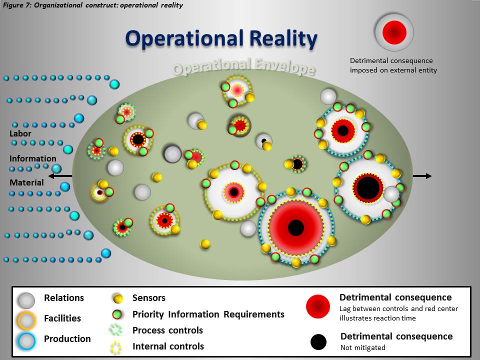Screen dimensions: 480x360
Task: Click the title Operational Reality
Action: pos(221,39)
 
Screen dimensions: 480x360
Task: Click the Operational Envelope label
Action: pos(243,66)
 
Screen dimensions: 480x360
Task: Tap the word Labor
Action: pos(20,134)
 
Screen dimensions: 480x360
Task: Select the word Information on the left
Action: pos(33,158)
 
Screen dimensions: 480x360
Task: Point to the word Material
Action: pos(26,182)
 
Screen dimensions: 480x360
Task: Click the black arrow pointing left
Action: pos(60,176)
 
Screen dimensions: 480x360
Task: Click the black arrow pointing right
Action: pos(422,176)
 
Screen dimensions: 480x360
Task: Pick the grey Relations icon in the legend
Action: pos(26,300)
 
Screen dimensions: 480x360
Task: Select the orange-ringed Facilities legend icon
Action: pos(26,320)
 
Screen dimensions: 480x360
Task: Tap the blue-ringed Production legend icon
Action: pos(26,341)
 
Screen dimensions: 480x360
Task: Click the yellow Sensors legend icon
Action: pos(117,298)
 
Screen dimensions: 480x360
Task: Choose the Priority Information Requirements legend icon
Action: pos(117,314)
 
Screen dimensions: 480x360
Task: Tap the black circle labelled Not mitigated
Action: pos(318,342)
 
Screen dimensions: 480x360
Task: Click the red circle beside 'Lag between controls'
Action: pos(318,306)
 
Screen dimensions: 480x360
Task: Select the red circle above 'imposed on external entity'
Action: pos(394,32)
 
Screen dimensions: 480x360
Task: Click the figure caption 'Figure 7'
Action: pos(93,5)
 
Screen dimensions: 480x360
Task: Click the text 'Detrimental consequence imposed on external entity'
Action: pos(393,65)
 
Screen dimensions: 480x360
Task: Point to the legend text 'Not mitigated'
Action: pos(363,347)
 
